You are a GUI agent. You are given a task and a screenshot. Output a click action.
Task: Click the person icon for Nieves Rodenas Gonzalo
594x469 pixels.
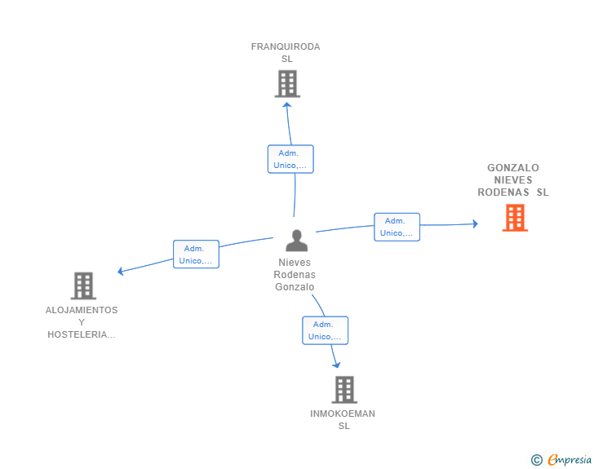297,241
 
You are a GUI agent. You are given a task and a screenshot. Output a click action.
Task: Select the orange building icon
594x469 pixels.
515,218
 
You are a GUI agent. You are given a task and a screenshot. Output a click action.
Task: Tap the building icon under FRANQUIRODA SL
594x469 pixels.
287,84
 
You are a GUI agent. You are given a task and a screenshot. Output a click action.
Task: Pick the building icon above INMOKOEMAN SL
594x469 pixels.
344,390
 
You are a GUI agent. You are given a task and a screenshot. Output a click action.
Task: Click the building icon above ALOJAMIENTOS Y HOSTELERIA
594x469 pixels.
83,286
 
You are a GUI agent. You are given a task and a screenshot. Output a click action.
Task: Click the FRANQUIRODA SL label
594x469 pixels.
286,53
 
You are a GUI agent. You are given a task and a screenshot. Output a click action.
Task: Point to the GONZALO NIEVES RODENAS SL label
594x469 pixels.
513,180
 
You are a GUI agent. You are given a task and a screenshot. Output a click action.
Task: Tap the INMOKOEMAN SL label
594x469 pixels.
343,420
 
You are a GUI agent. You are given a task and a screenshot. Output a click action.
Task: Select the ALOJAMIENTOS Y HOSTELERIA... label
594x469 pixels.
82,322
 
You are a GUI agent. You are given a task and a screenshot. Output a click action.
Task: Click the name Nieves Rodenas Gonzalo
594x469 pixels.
295,275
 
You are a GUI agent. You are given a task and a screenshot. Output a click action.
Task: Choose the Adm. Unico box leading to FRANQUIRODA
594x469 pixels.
290,159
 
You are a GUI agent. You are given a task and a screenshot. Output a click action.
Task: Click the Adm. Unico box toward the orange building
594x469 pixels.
397,227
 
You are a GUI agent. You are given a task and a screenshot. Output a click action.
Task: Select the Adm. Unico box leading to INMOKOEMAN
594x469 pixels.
325,330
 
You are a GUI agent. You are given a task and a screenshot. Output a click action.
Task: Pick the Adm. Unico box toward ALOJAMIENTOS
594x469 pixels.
196,254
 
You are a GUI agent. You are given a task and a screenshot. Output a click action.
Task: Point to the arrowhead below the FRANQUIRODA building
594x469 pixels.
287,105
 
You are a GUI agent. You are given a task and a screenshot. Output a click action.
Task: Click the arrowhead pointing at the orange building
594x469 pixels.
476,223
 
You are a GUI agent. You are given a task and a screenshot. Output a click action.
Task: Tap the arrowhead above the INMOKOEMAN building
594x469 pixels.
336,365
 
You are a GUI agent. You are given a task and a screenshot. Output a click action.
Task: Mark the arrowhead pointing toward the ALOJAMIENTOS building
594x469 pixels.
121,272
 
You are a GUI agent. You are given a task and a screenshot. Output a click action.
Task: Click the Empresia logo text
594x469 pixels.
570,460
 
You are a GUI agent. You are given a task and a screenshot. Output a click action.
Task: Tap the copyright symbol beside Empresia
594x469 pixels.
536,460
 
